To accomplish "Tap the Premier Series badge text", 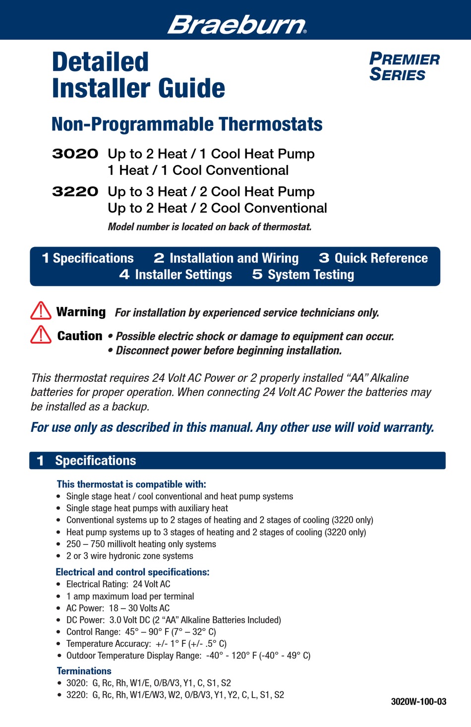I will pos(404,67).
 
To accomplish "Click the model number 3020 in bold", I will pos(75,154).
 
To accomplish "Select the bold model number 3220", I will pos(75,192).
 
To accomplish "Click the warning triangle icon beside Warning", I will pos(41,311).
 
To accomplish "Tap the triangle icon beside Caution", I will pos(41,335).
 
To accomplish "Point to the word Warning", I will pos(81,312).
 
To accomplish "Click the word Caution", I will pos(80,336).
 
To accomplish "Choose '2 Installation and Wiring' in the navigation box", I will pos(226,258).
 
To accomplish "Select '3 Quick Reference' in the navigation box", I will pos(373,258).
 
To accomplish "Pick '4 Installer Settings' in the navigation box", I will pos(176,275).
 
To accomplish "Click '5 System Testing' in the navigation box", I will pos(303,275).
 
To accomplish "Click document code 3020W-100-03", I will pos(418,702).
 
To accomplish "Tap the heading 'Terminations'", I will pos(84,671).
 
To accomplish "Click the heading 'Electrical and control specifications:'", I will pos(132,572).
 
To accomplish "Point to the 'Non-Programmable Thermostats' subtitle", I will pos(187,124).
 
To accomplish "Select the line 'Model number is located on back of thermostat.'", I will pos(210,227).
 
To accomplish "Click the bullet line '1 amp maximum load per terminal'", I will pos(130,596).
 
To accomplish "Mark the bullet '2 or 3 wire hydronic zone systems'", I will pos(129,556).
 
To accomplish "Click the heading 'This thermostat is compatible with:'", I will pos(131,484).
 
